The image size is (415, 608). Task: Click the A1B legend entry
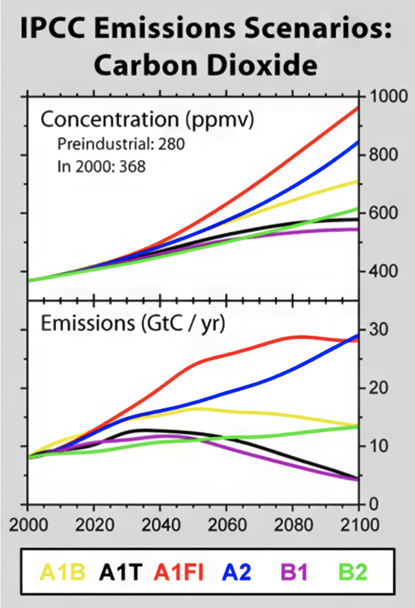63,572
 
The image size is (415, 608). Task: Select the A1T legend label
121,572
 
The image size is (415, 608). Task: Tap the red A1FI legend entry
179,572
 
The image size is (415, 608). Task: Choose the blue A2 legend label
237,572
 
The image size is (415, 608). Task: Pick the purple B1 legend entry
295,572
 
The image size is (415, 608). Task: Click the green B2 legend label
353,572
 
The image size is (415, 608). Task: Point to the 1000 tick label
389,96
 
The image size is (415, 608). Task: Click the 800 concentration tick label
384,155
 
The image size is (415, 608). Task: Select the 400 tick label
384,271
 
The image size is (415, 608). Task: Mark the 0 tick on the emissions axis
374,504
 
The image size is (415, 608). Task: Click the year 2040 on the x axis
161,525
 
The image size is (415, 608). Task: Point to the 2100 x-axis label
360,525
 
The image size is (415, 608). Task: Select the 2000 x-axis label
28,525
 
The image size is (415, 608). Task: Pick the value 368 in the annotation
132,167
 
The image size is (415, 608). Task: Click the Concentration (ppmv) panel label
147,120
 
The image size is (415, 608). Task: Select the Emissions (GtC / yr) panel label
133,323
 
